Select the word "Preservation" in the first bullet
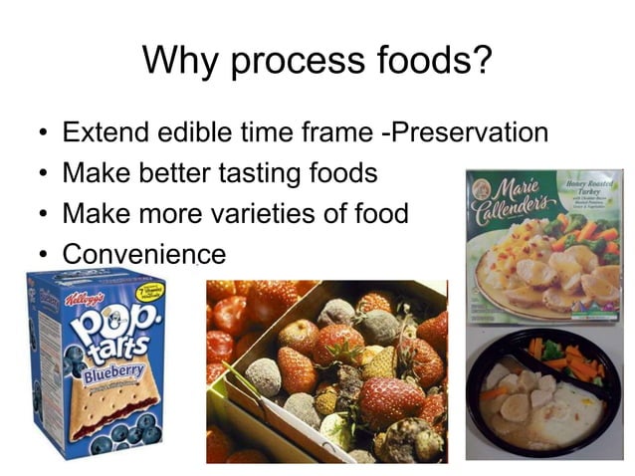(x=467, y=132)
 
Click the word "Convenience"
(x=143, y=255)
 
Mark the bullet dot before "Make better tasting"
(x=38, y=174)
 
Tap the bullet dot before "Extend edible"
(x=38, y=133)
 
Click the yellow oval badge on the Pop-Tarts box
(x=148, y=292)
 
